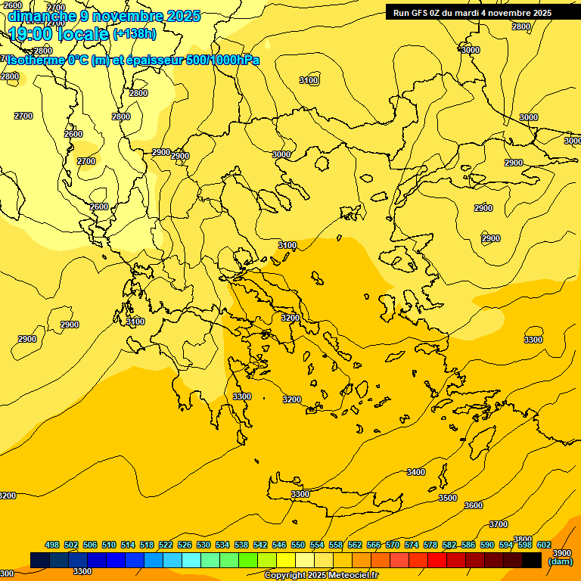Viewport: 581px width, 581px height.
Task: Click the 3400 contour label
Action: point(416,472)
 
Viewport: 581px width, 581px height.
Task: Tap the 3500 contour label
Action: point(448,498)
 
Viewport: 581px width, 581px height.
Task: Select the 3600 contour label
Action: point(474,505)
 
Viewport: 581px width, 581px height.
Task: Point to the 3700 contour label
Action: point(499,524)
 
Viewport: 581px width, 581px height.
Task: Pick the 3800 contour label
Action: point(522,539)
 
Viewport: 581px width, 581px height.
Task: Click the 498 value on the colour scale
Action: point(52,545)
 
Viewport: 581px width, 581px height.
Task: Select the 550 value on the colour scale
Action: point(298,545)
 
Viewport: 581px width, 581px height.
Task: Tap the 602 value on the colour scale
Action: point(544,545)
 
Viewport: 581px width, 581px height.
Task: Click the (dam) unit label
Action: point(560,561)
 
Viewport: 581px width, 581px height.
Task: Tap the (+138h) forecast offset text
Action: point(135,33)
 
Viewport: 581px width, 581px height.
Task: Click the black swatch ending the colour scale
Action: point(532,560)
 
